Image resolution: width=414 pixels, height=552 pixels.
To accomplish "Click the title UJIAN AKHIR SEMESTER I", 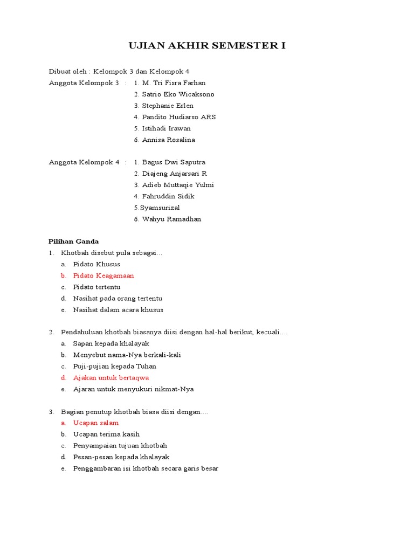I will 207,46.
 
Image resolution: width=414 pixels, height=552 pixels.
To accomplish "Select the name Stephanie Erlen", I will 167,106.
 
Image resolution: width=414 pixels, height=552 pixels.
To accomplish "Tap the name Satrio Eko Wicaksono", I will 178,94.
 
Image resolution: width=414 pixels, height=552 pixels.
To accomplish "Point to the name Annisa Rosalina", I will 168,140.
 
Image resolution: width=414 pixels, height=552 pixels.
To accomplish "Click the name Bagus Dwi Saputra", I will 173,162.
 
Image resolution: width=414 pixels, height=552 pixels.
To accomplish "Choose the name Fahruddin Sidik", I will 168,196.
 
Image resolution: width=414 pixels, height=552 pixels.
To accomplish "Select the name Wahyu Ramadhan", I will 171,219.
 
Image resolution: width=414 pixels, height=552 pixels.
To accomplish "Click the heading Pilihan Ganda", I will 74,241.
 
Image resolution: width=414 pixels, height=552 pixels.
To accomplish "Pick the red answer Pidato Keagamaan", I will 103,276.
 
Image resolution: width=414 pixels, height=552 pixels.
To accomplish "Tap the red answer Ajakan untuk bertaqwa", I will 111,378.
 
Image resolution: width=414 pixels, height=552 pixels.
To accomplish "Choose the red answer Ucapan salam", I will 96,423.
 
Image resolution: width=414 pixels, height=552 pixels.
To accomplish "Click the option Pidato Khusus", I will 96,265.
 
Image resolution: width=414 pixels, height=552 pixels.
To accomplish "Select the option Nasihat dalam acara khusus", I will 118,310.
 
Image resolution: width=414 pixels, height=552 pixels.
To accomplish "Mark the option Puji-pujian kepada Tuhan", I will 115,367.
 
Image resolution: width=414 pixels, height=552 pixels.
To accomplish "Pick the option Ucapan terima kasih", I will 106,434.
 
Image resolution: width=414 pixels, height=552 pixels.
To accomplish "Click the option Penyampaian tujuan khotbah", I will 120,446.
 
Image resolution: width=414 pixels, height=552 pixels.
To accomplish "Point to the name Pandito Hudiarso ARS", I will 179,117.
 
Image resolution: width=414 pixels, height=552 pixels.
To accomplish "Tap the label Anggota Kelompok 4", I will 84,162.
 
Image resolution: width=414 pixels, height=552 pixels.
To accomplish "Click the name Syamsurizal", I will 160,208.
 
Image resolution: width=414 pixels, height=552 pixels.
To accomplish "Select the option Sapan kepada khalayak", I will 111,344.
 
